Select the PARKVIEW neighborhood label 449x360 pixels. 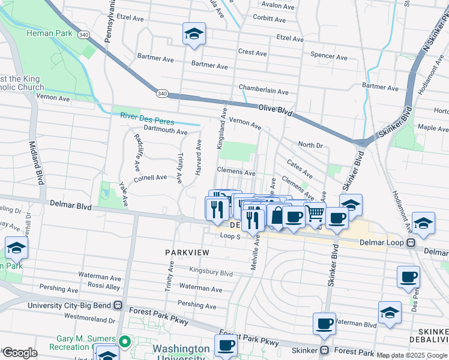[x=187, y=253]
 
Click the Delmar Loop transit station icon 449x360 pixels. [x=412, y=243]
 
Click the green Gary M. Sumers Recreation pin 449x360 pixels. [x=125, y=343]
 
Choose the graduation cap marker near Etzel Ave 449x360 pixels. [x=194, y=35]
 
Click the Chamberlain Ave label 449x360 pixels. [x=264, y=92]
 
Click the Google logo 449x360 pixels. [x=19, y=353]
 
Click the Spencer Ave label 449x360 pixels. [x=328, y=57]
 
